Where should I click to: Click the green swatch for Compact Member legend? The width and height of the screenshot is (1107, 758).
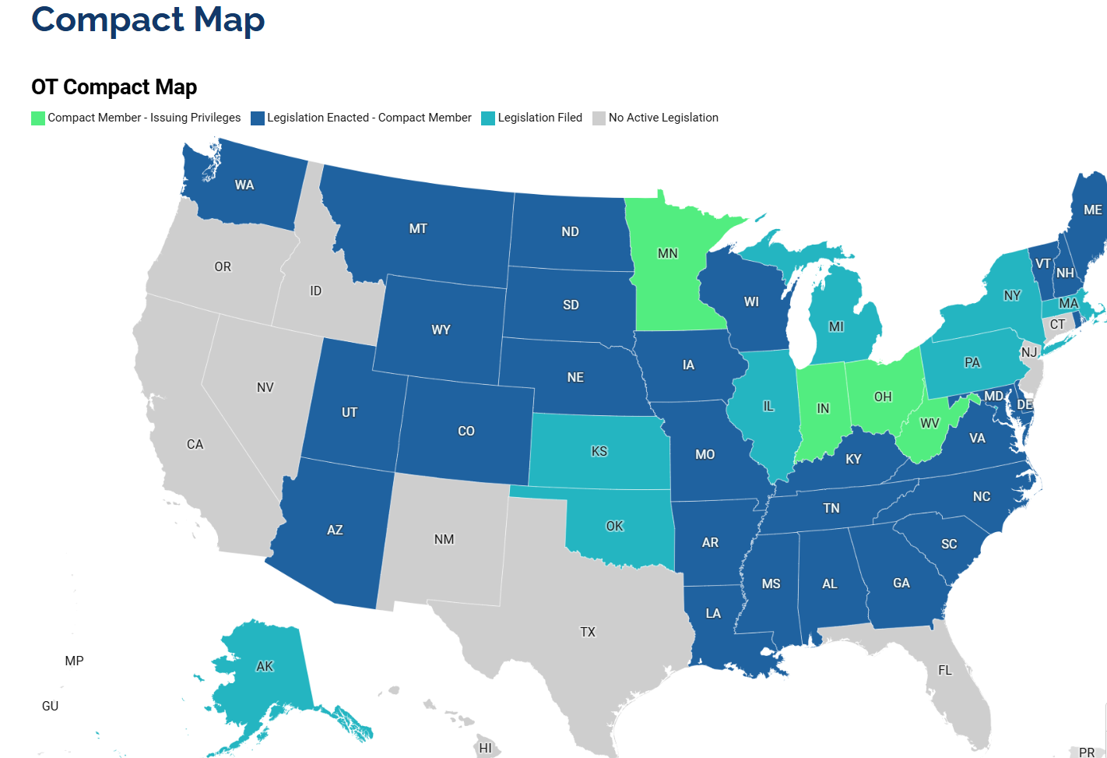[38, 118]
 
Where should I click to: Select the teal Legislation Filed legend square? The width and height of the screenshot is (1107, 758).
[488, 118]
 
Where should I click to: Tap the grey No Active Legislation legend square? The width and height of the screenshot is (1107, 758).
[599, 118]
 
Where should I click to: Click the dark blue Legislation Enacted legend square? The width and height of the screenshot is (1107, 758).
[258, 118]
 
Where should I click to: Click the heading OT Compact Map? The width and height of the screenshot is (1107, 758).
[114, 87]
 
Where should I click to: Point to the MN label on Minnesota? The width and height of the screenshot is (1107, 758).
[667, 254]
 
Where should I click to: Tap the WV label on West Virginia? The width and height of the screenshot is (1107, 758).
[930, 424]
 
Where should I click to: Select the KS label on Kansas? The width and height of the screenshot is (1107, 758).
[599, 452]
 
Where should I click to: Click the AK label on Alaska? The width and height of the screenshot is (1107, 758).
[265, 667]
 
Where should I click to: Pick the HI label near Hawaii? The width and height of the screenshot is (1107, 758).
[485, 749]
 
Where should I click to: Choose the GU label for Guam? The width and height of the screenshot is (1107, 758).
[50, 707]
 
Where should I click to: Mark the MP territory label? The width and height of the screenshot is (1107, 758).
[74, 661]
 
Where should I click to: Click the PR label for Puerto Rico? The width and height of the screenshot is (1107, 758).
[1087, 753]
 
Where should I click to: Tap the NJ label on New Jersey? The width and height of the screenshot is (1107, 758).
[1029, 352]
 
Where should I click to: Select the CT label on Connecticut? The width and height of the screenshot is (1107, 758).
[1057, 325]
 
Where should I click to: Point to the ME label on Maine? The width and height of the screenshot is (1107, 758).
[1092, 210]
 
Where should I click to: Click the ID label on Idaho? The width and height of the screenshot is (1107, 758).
[315, 291]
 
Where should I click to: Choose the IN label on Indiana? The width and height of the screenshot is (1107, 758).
[823, 409]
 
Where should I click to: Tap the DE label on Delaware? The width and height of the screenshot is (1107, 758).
[1024, 405]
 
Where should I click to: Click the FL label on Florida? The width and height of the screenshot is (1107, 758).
[944, 671]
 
